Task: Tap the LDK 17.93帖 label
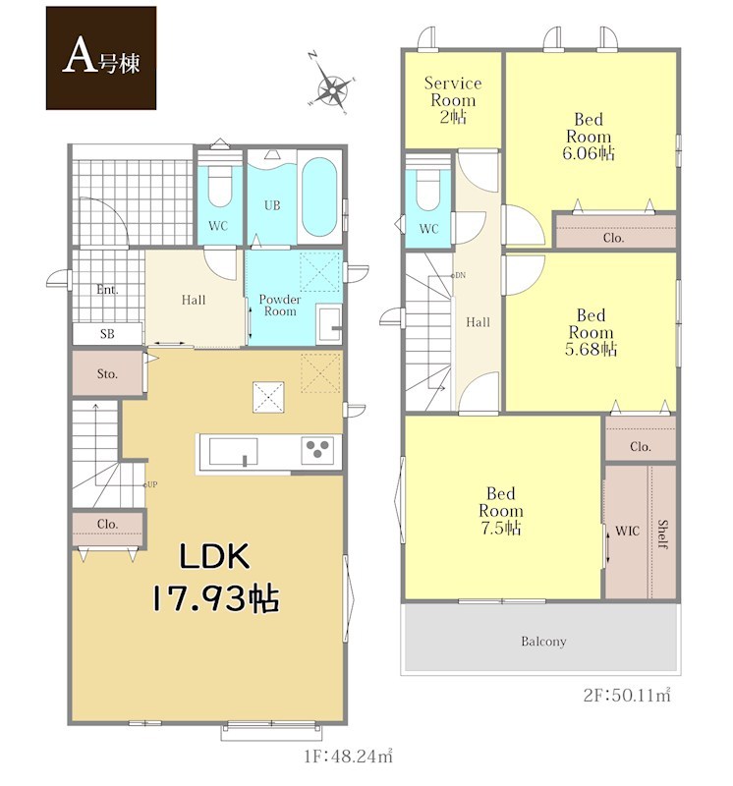pyautogui.click(x=215, y=578)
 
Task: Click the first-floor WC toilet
pyautogui.click(x=218, y=184)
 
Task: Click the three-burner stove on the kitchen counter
pyautogui.click(x=318, y=449)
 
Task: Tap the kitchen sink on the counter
pyautogui.click(x=234, y=451)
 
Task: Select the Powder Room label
pyautogui.click(x=280, y=306)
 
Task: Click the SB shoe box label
pyautogui.click(x=107, y=334)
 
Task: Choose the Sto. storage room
pyautogui.click(x=108, y=374)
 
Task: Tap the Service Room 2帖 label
pyautogui.click(x=453, y=99)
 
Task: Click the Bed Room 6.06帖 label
pyautogui.click(x=589, y=137)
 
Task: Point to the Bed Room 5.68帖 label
pyautogui.click(x=591, y=332)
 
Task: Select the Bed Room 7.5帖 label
pyautogui.click(x=500, y=511)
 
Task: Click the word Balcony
pyautogui.click(x=543, y=642)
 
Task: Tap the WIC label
pyautogui.click(x=627, y=531)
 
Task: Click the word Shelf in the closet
pyautogui.click(x=662, y=534)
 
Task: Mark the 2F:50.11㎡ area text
pyautogui.click(x=627, y=696)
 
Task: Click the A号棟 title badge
pyautogui.click(x=101, y=58)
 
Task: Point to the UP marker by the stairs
pyautogui.click(x=151, y=484)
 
